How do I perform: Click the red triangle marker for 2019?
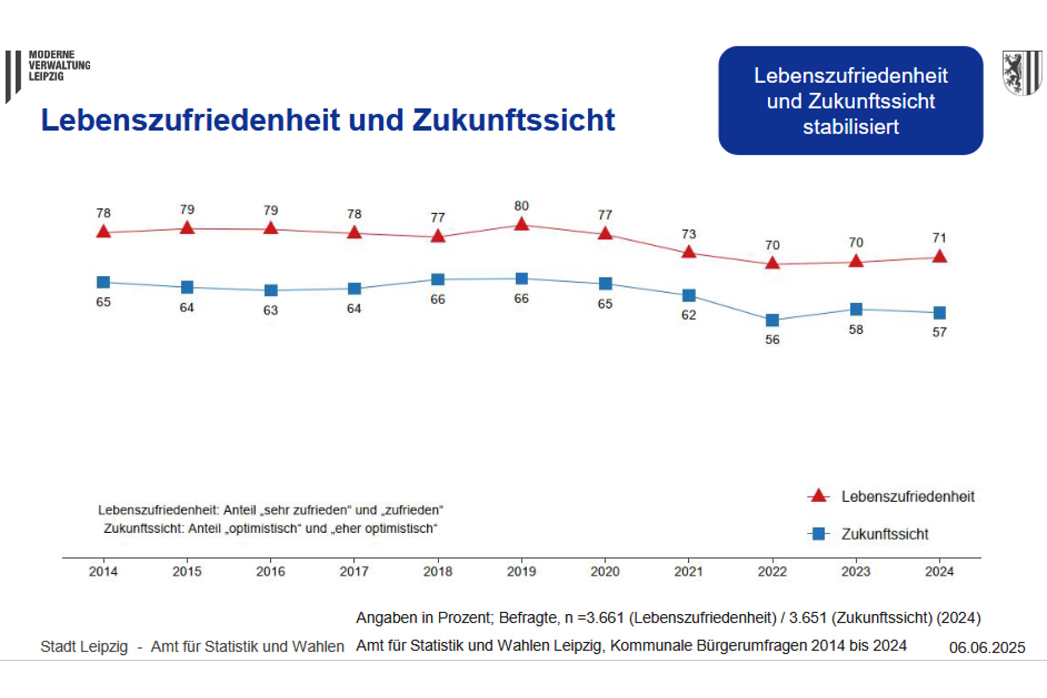[x=521, y=225]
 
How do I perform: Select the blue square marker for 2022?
[x=772, y=320]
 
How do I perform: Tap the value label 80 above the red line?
[x=521, y=206]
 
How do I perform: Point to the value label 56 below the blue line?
[x=772, y=340]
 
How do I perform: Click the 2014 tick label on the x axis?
[x=103, y=571]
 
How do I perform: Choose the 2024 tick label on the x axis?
[x=939, y=571]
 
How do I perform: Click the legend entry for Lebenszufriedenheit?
[x=907, y=497]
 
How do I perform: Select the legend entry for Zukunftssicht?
[x=884, y=534]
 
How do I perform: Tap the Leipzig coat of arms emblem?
[x=1022, y=73]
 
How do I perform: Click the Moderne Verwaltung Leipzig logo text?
[x=59, y=66]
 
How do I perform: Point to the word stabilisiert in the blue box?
[x=851, y=127]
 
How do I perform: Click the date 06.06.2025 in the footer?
[x=987, y=647]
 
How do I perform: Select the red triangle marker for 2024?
[x=940, y=257]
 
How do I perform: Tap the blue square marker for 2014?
[x=103, y=282]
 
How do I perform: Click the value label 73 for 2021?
[x=688, y=234]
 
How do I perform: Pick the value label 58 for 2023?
[x=855, y=330]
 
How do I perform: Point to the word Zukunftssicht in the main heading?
[x=513, y=120]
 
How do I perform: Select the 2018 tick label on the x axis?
[x=437, y=571]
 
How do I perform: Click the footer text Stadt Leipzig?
[x=84, y=647]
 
